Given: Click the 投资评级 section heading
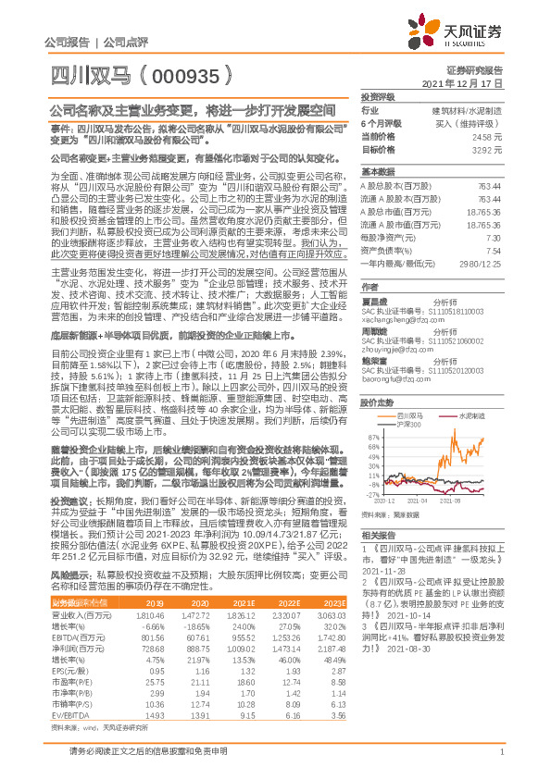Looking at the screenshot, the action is [x=378, y=95].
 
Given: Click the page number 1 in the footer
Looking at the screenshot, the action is [x=501, y=760].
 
